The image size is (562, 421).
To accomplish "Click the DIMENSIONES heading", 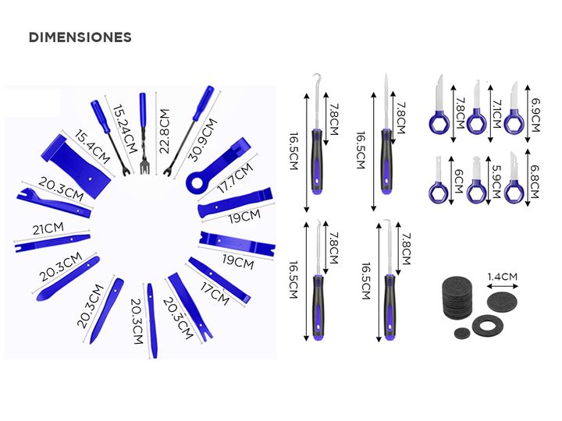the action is pos(80,37).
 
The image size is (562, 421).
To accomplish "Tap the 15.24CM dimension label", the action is pos(125,129).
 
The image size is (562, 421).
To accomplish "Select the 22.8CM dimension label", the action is pos(164,132).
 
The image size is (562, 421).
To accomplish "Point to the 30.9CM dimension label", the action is pos(203,140).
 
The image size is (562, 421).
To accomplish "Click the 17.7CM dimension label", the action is pos(236,178).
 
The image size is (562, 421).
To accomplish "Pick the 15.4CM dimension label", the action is pos(92,147).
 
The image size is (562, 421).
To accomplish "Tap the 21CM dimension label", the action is pos(48,228).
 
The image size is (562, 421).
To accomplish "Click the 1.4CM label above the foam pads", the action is pos(502,277).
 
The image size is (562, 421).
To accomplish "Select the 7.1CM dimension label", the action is pos(496,114).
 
